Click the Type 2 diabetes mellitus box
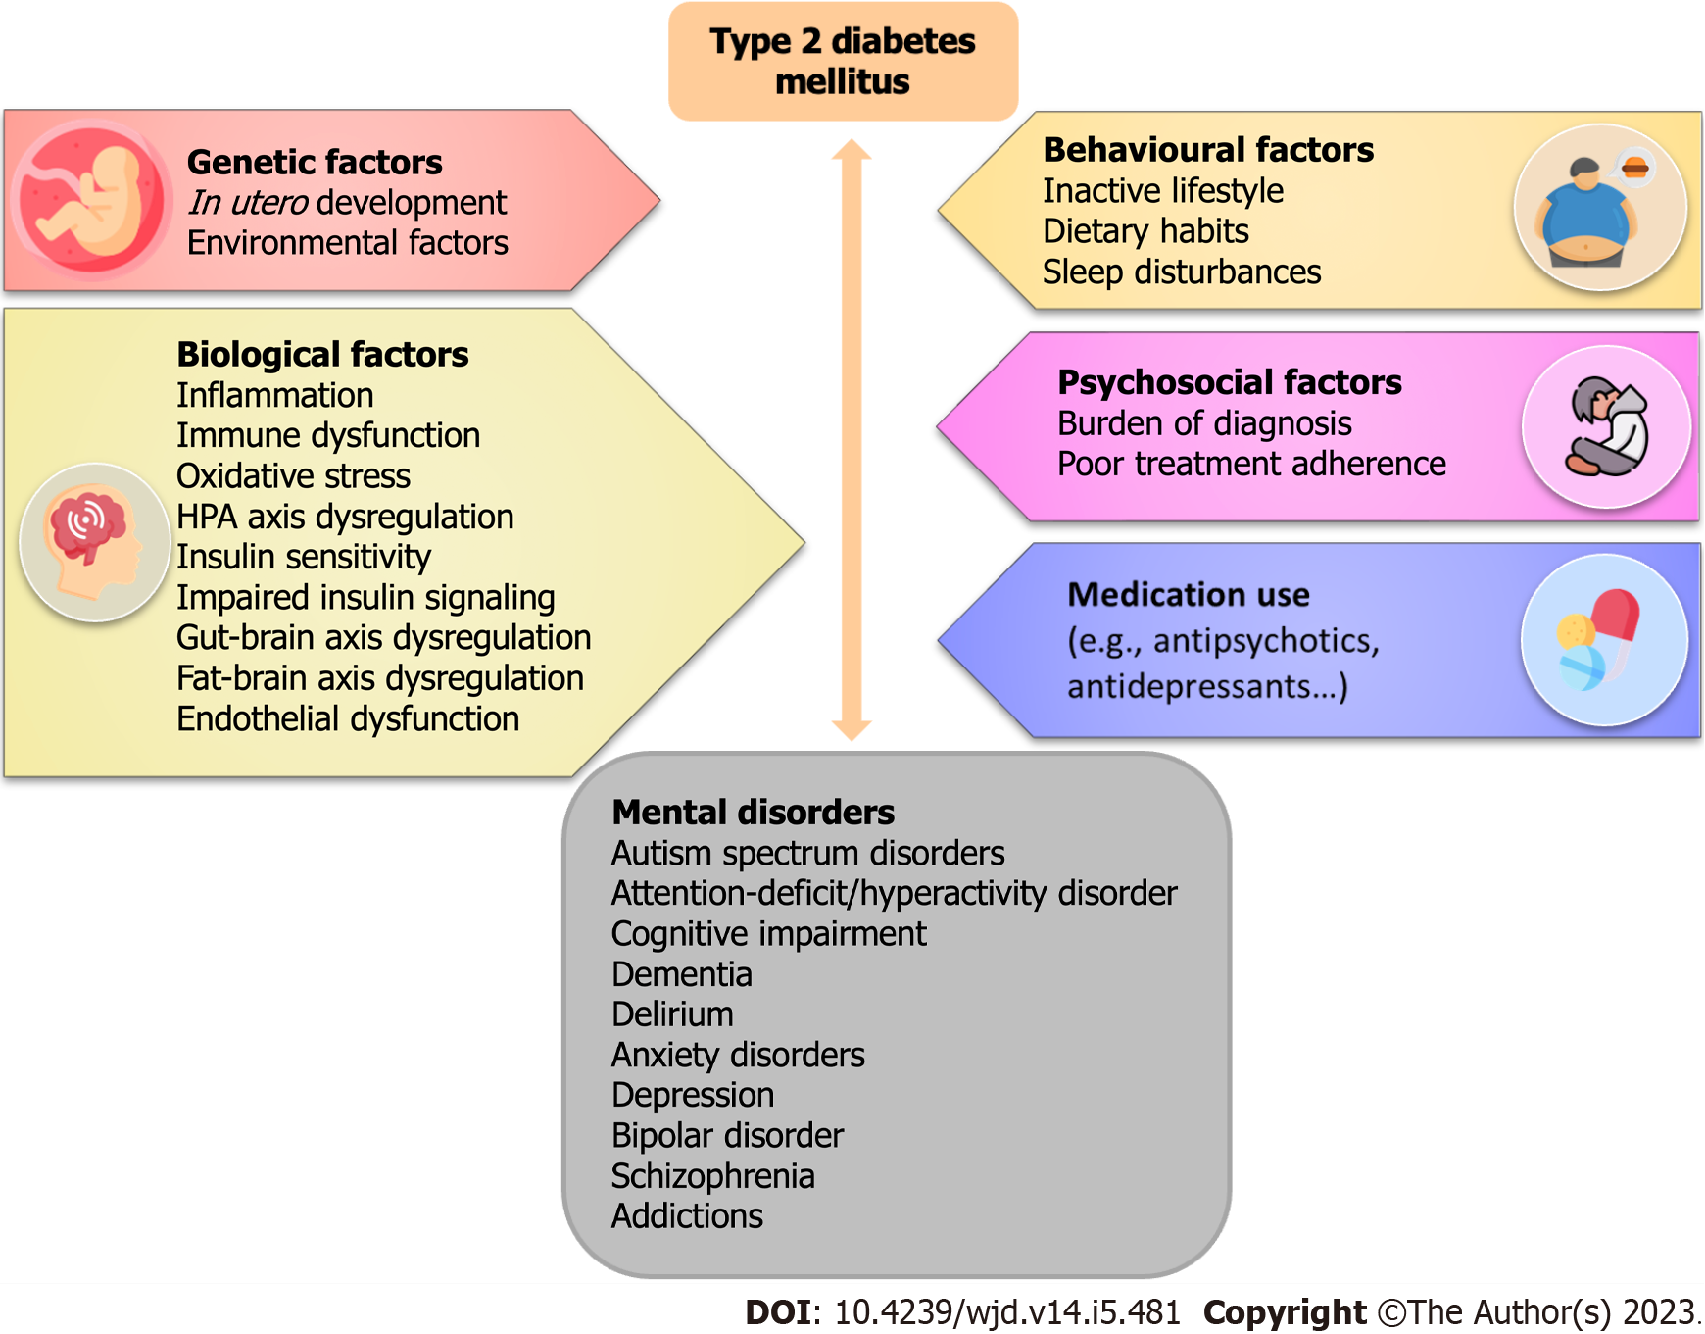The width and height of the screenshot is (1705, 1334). click(843, 61)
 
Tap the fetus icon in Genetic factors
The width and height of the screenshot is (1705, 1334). click(90, 200)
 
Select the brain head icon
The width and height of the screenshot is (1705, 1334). click(95, 542)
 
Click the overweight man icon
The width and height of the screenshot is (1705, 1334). click(1599, 208)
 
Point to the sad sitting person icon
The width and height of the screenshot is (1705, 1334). click(1606, 426)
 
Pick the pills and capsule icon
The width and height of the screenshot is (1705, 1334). click(1603, 639)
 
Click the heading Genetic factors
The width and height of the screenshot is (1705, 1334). click(315, 162)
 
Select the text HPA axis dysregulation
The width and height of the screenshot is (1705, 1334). click(345, 517)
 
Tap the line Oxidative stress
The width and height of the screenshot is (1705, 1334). click(293, 476)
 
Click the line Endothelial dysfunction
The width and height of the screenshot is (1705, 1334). click(348, 718)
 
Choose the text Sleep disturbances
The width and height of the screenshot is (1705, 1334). click(1181, 272)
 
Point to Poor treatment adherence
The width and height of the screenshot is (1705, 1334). click(1250, 464)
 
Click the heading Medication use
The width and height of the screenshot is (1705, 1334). click(1188, 595)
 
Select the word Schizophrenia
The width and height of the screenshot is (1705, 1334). click(712, 1175)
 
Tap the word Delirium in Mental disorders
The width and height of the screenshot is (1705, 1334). click(672, 1014)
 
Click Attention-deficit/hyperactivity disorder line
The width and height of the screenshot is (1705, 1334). click(894, 893)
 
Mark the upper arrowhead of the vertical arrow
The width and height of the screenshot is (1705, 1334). click(852, 150)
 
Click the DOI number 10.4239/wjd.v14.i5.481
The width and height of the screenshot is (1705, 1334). click(1006, 1312)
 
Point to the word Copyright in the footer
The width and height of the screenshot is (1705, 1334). click(1284, 1312)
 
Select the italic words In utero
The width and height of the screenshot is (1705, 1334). click(248, 203)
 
